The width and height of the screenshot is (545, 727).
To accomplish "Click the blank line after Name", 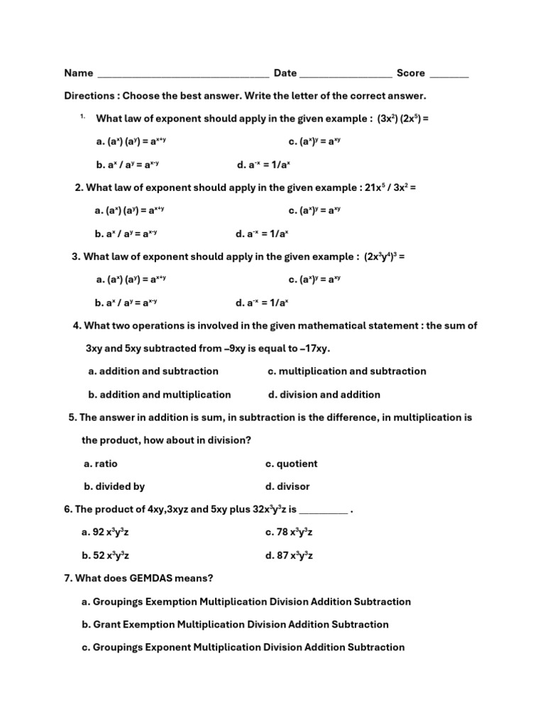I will point(182,75).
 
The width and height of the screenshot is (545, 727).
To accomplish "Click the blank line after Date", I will point(346,75).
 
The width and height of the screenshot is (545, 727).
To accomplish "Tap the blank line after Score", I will point(449,75).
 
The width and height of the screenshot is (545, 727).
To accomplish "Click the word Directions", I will point(89,96).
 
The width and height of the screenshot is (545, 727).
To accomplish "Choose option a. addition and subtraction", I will point(153,371).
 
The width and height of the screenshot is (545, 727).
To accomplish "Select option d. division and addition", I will point(324,395).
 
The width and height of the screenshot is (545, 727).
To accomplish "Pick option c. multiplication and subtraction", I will point(347,371).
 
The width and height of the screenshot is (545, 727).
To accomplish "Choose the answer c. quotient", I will point(292,464).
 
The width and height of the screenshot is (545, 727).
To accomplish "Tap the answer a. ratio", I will point(101,464).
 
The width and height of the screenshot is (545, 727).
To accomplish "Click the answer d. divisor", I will point(287,487).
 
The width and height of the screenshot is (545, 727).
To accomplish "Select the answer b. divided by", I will point(114,487).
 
